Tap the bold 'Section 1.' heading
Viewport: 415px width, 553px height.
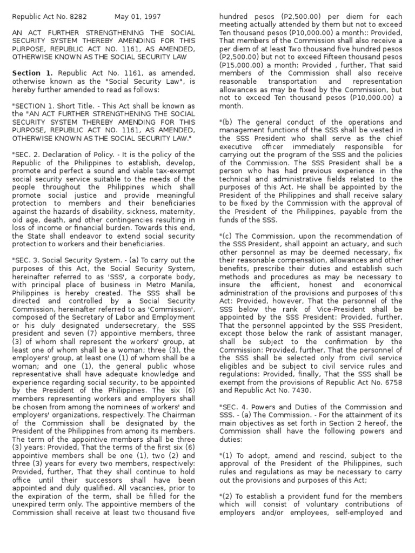(x=32, y=73)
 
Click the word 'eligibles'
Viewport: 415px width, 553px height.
(x=237, y=365)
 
